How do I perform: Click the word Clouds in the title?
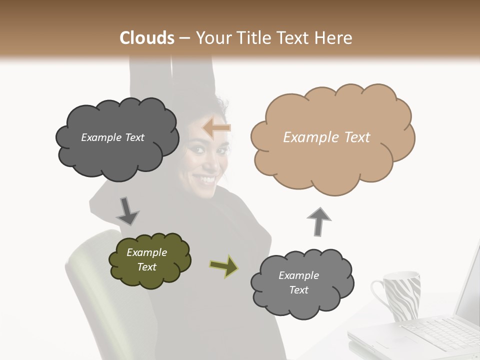tap(147, 38)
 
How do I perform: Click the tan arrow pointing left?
tap(216, 128)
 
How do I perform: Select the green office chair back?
tap(90, 280)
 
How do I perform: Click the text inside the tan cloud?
tap(326, 137)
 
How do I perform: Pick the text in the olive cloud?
tap(146, 259)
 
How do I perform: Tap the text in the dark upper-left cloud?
tap(112, 137)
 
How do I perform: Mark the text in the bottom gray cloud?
tap(298, 282)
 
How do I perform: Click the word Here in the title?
tap(335, 38)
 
